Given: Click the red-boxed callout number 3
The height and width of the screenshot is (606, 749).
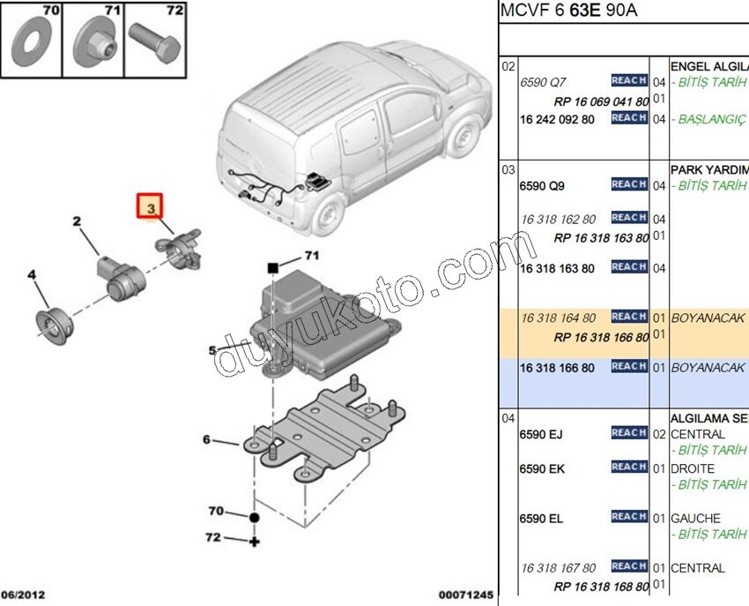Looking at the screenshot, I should click(151, 208).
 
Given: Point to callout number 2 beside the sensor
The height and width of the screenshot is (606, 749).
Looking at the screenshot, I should click(77, 221).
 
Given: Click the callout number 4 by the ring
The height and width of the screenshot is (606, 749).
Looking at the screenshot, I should click(32, 275).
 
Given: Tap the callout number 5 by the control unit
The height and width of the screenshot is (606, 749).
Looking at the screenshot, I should click(211, 351).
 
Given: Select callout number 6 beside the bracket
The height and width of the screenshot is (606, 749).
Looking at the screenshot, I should click(206, 439).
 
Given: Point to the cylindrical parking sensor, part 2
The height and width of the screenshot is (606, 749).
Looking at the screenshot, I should click(118, 274).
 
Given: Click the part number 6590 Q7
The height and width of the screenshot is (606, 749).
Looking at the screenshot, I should click(543, 81).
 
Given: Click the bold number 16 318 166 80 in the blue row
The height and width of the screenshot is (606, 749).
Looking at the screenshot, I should click(557, 368).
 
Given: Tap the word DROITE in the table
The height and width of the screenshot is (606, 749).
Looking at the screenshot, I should click(693, 468).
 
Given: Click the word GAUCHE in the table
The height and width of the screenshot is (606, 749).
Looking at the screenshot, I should click(695, 519).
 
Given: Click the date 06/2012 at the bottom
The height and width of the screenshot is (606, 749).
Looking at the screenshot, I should click(23, 595).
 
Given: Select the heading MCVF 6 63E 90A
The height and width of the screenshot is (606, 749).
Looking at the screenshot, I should click(568, 11).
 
